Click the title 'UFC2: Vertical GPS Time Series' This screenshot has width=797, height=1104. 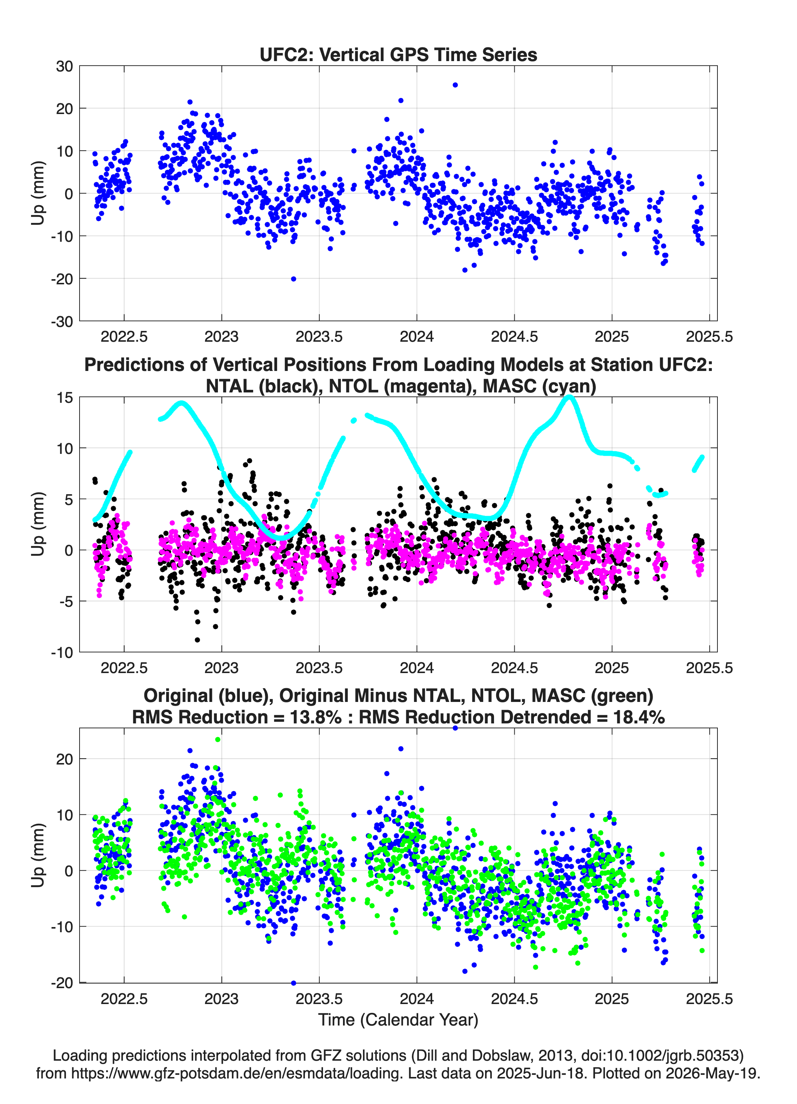(x=398, y=54)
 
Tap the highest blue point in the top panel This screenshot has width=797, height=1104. (x=455, y=85)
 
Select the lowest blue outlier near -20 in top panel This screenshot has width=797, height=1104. (x=293, y=279)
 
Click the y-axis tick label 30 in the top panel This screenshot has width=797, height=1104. (x=64, y=66)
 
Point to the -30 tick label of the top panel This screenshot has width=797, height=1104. (x=62, y=321)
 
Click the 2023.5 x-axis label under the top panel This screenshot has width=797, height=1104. (x=319, y=337)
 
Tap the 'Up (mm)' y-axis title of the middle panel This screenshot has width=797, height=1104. (x=38, y=524)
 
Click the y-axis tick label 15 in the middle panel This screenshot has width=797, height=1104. (x=65, y=398)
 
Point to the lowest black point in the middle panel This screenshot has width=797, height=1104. (x=197, y=640)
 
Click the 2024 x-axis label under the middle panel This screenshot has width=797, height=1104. (x=417, y=668)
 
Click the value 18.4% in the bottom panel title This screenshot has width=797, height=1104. (x=639, y=717)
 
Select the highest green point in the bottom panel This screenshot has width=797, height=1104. (x=218, y=739)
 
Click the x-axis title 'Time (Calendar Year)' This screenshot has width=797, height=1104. (x=398, y=1019)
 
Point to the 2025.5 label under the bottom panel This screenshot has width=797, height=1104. (x=709, y=998)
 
